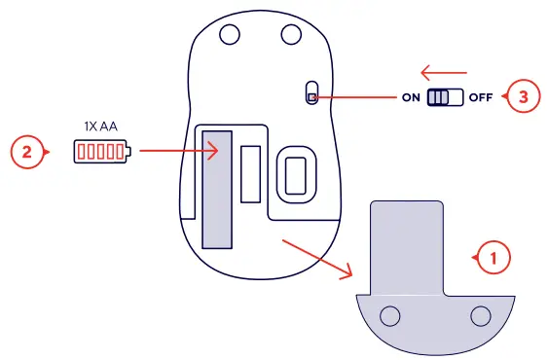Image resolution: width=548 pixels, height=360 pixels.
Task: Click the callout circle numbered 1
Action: tap(493, 258)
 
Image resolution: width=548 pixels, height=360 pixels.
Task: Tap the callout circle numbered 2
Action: tap(27, 152)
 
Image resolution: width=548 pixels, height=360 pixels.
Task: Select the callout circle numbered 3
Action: tap(525, 97)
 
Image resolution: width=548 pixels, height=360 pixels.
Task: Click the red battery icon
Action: tap(100, 152)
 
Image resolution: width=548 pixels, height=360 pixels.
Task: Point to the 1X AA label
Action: tap(100, 126)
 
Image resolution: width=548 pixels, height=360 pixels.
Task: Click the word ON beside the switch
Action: tap(411, 98)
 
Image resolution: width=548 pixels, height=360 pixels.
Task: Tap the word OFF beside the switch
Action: tap(482, 98)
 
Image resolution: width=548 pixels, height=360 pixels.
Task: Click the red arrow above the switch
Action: tap(444, 71)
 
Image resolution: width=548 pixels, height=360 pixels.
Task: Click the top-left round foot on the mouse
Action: tap(230, 34)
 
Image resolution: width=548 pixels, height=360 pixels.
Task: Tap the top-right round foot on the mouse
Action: tap(291, 34)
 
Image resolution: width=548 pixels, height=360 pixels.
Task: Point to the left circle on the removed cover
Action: tap(391, 316)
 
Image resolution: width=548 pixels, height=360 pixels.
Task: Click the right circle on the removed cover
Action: tap(479, 316)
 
